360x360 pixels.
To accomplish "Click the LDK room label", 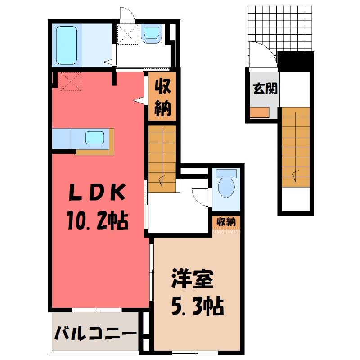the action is tap(98, 192).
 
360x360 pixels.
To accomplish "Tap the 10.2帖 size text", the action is tap(98, 221).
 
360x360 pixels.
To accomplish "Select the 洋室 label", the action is tap(193, 279).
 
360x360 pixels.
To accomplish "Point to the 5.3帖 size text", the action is tap(198, 306).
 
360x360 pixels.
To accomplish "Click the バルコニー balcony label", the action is tap(95, 333).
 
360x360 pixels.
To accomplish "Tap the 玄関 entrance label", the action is tap(265, 88).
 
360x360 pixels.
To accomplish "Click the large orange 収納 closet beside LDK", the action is tap(162, 96).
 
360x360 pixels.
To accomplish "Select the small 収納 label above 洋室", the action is tap(226, 222).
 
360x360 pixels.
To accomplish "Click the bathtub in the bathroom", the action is tap(66, 45).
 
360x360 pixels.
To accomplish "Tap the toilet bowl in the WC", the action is tap(226, 187).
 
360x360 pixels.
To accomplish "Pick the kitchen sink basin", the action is tap(95, 138).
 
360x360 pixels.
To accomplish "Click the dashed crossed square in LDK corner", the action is tap(71, 82).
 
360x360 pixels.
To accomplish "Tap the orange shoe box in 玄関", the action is tap(260, 112).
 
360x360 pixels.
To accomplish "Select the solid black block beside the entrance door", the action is tap(296, 61).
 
